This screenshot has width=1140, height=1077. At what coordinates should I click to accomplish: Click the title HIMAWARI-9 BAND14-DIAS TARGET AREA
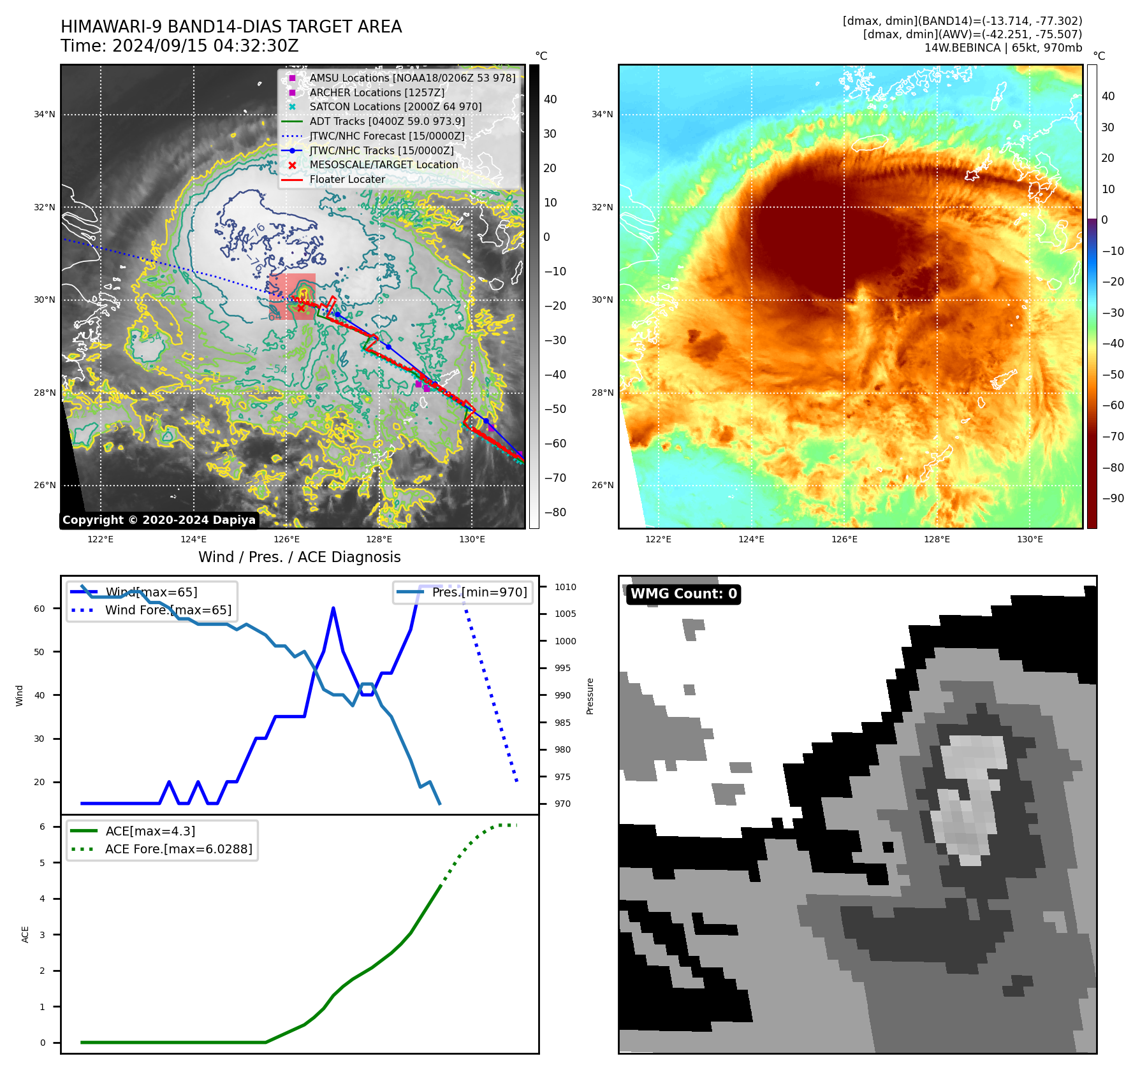(x=231, y=27)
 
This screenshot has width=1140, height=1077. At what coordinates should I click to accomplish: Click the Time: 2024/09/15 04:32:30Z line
(x=179, y=46)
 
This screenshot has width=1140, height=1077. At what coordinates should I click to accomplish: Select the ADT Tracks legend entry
(x=386, y=121)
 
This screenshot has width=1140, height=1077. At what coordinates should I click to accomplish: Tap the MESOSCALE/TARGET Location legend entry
(x=383, y=164)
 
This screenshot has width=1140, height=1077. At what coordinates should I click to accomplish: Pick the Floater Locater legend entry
(x=347, y=179)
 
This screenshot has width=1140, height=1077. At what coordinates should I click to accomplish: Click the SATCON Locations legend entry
(x=395, y=106)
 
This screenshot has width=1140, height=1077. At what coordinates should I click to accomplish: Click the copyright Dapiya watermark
(x=159, y=520)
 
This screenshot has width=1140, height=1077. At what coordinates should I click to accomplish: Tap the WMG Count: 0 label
(x=683, y=594)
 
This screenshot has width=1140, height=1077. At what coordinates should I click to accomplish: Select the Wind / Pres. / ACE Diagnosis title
(x=299, y=557)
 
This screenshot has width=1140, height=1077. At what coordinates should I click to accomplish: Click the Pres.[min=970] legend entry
(x=479, y=592)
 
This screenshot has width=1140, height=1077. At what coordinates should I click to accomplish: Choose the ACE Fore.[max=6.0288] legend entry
(x=178, y=849)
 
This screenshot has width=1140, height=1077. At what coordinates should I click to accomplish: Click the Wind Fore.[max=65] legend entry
(x=168, y=610)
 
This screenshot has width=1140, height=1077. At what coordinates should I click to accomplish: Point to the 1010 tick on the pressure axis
(x=565, y=587)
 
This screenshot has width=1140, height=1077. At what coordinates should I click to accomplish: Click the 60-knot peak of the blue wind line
(x=333, y=609)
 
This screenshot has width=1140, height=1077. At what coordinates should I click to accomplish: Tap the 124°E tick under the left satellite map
(x=193, y=539)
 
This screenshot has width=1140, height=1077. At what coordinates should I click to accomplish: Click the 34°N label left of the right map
(x=602, y=115)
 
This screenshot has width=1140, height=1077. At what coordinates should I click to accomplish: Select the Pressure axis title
(x=590, y=696)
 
